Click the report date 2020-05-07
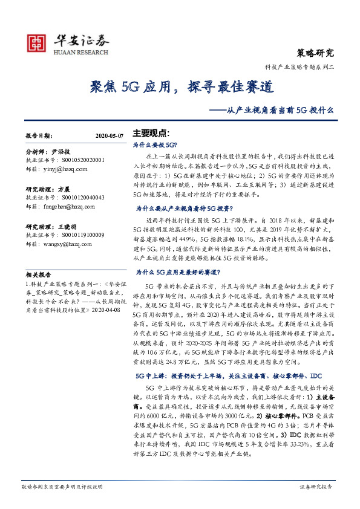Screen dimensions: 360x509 tap(110, 137)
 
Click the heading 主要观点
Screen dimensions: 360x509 tap(151, 133)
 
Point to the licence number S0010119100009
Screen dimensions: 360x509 tap(78, 235)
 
